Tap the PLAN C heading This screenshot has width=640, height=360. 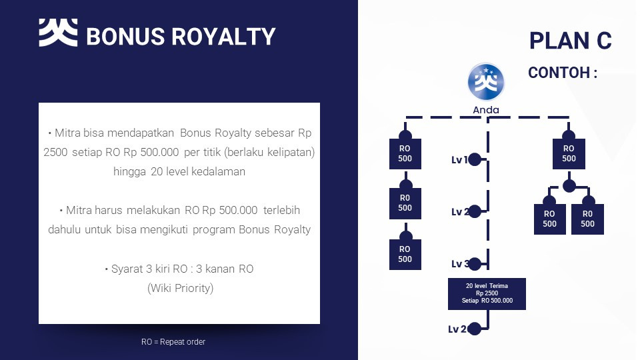tap(570, 41)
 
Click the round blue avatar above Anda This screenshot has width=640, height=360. tap(486, 82)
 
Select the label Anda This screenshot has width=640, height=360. tap(486, 110)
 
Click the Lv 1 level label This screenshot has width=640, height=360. tap(459, 159)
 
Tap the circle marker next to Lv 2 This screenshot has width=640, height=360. tap(475, 211)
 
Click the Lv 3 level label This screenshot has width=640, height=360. tap(459, 264)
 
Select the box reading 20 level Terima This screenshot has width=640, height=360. tap(487, 293)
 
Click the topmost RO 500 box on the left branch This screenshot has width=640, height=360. tap(405, 154)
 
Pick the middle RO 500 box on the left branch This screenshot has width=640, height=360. tap(405, 203)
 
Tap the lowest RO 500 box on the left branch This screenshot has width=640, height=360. tap(405, 254)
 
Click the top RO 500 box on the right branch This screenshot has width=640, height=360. tap(569, 154)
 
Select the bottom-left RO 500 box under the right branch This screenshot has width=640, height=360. tap(549, 219)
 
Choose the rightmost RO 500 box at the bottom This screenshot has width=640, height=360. tap(587, 219)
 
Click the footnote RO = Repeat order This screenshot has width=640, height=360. tap(173, 342)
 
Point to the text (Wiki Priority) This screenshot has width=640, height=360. tap(179, 289)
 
